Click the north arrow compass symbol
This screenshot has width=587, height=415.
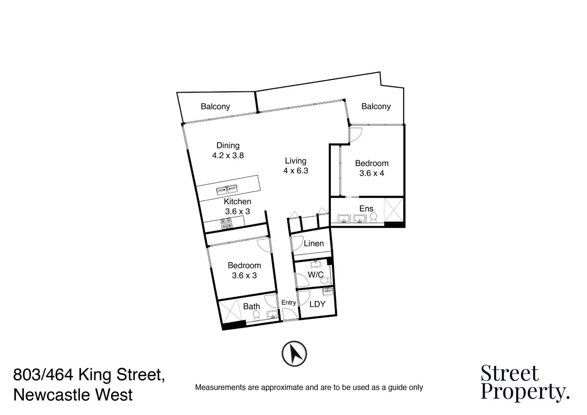(x=294, y=354)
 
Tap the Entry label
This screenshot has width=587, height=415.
(x=289, y=303)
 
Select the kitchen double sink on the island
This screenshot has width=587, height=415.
(x=227, y=190)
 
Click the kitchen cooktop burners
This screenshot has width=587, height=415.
(x=226, y=223)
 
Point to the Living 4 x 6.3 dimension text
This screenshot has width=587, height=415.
(x=296, y=171)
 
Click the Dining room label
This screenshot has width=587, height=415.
(x=228, y=146)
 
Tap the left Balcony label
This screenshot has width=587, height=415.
(x=215, y=106)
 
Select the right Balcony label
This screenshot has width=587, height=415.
(x=376, y=106)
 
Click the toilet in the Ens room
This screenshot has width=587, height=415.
(x=373, y=217)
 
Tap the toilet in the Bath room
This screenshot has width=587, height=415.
(x=256, y=315)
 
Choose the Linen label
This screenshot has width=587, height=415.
(x=313, y=244)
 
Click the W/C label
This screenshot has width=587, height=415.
(x=315, y=275)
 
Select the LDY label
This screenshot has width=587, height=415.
(x=317, y=304)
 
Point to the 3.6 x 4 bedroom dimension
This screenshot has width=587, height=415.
(x=371, y=173)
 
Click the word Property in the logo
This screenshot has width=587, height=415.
(x=525, y=392)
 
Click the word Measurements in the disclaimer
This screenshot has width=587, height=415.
(x=221, y=387)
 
